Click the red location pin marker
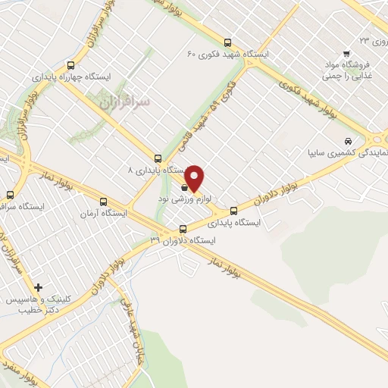point(195,178)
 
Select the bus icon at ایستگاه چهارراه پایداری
point(71,65)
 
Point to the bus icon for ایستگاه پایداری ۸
point(158,158)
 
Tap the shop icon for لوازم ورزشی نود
point(185,186)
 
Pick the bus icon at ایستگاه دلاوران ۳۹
point(183,229)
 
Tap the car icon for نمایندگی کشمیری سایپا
point(347,141)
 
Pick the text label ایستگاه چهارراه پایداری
point(98,77)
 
